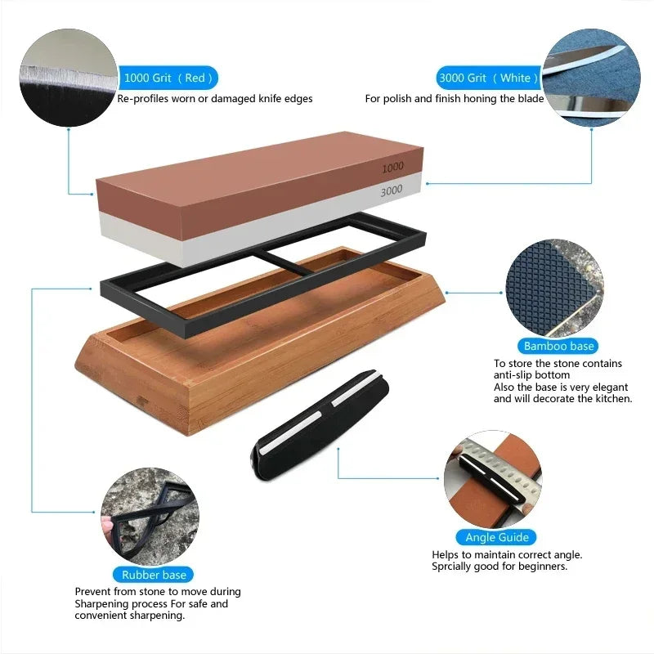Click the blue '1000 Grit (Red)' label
[x=168, y=78]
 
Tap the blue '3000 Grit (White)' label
[x=488, y=78]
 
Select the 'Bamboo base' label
[x=559, y=346]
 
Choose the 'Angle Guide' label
[x=496, y=537]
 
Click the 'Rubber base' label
[x=154, y=575]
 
